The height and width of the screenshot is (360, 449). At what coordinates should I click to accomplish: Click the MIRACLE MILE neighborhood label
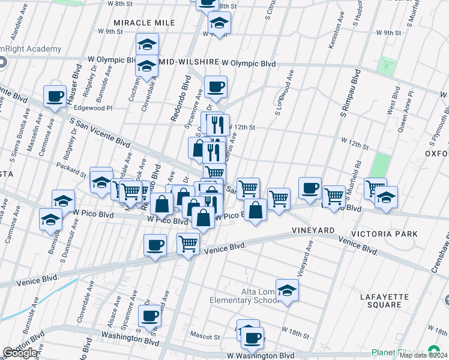(144, 22)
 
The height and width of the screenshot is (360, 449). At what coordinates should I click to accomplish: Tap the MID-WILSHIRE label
(188, 62)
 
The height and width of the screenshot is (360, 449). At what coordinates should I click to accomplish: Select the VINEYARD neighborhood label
(313, 230)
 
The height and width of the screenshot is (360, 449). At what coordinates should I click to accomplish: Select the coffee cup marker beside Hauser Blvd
(55, 96)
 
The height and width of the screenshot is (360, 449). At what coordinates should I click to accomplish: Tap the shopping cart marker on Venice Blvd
(188, 244)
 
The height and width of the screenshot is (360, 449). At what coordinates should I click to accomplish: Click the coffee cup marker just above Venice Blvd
(155, 245)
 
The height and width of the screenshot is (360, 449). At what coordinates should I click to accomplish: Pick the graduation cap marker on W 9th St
(219, 24)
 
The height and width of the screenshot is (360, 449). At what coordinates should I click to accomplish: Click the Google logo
(20, 353)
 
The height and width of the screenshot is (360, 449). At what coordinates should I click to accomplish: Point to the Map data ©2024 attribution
(423, 355)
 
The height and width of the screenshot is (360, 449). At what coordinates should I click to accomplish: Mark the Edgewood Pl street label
(92, 108)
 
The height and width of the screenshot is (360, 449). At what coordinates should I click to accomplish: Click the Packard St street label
(71, 169)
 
